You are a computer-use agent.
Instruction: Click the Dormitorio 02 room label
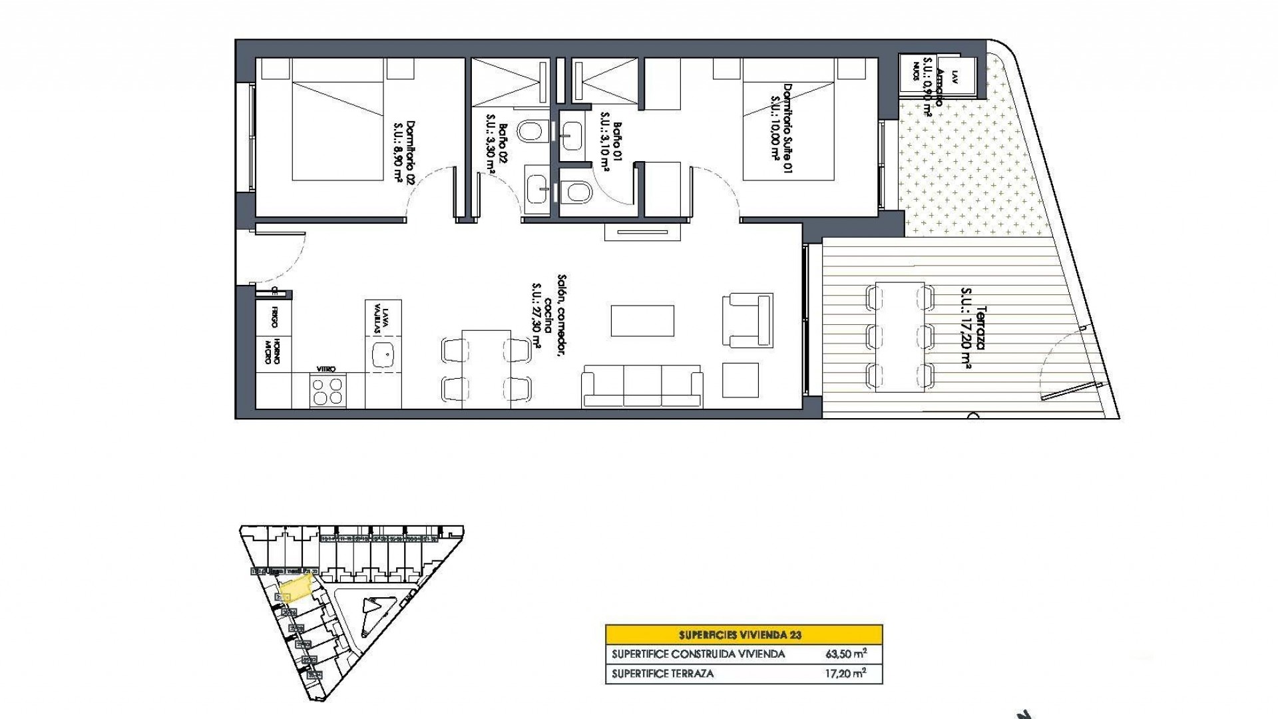404,151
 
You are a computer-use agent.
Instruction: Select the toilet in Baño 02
531,131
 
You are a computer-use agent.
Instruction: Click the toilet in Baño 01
576,192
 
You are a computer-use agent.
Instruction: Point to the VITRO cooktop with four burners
329,390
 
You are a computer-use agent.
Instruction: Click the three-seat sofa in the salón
642,385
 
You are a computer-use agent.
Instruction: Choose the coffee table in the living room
642,320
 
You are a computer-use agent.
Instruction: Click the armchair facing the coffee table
747,320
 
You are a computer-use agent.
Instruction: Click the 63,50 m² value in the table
846,654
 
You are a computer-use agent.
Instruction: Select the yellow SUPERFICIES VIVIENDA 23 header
744,634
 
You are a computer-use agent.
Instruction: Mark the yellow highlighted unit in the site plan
296,588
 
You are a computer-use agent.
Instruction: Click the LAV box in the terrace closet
955,76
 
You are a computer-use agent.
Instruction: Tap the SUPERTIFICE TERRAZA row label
662,674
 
